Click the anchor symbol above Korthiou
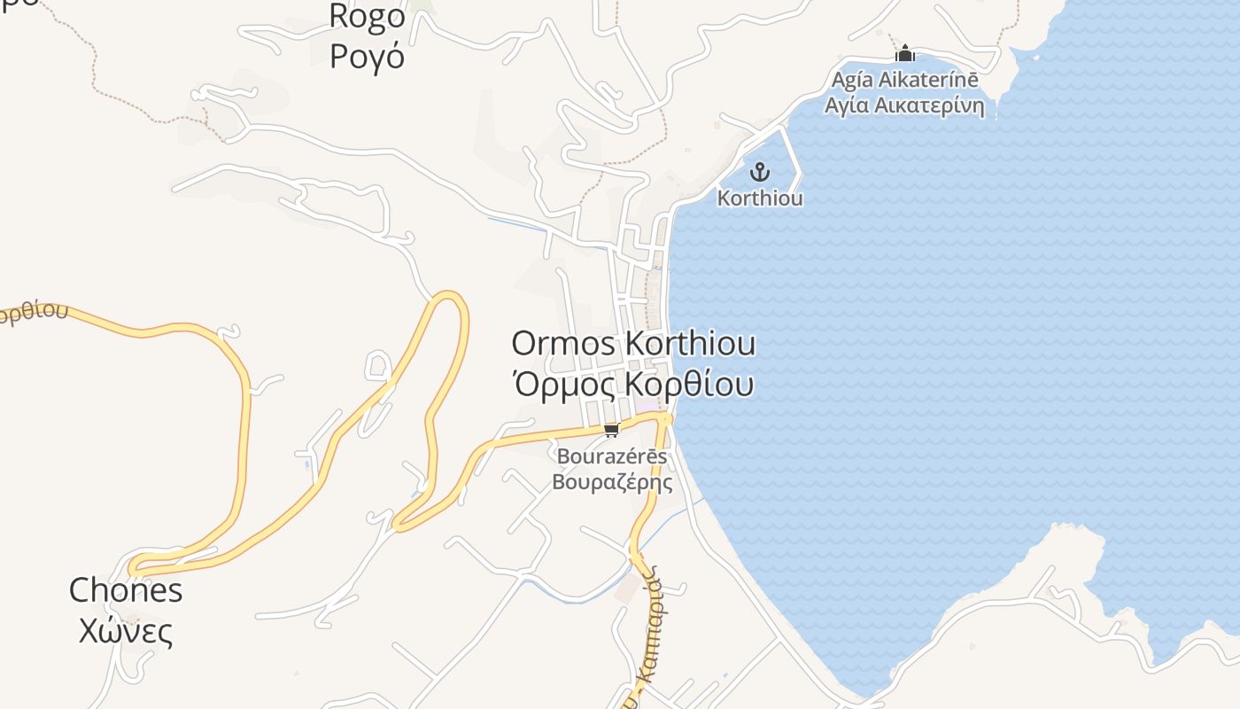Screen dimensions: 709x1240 (x=759, y=171)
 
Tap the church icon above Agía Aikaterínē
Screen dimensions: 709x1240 (x=904, y=54)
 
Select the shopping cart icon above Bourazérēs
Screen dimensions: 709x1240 (x=610, y=431)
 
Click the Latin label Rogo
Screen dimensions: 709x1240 (x=367, y=16)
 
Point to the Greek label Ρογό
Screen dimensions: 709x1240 (x=367, y=56)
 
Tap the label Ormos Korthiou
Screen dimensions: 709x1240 (x=633, y=344)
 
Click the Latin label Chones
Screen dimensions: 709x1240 (x=126, y=590)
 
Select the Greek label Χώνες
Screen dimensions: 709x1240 (x=126, y=631)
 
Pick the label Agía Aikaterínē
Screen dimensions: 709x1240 (x=904, y=80)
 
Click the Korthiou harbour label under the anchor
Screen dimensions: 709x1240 (x=760, y=198)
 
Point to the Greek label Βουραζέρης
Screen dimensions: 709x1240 (x=612, y=482)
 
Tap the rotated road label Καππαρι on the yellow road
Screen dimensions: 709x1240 (x=653, y=620)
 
